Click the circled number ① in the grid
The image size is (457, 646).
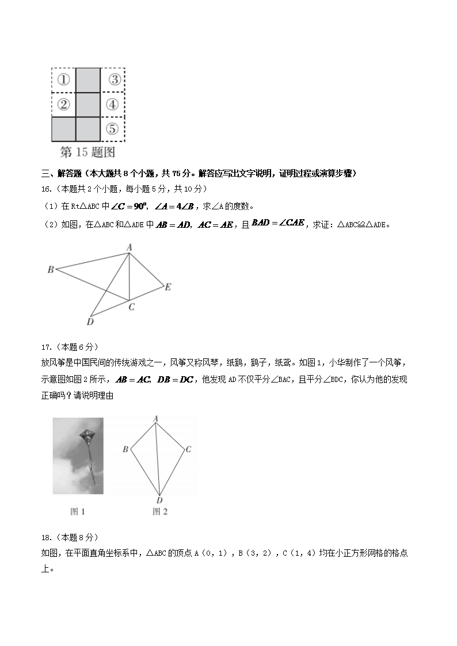[64, 79]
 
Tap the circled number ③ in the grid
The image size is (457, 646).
[114, 79]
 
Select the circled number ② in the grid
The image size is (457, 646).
[64, 104]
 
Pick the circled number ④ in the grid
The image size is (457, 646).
[113, 105]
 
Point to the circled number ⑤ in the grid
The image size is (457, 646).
[113, 129]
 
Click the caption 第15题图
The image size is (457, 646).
[87, 152]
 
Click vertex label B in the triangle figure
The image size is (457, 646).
[51, 269]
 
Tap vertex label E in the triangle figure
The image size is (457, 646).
[167, 286]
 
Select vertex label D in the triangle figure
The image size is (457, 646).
[90, 322]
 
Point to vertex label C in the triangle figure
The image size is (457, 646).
[132, 307]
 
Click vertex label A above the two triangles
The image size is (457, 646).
[130, 247]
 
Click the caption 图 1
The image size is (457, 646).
[77, 511]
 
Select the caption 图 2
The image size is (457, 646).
[160, 511]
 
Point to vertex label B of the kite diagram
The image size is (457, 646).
[125, 449]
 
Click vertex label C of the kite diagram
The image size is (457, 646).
[188, 449]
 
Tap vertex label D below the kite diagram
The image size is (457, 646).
[159, 500]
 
